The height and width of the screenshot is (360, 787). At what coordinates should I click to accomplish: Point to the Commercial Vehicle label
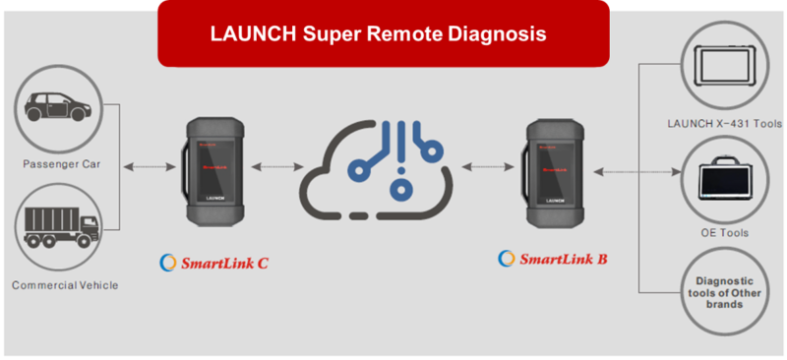[65, 285]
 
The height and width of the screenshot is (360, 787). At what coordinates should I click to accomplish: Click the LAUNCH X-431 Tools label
[723, 124]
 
